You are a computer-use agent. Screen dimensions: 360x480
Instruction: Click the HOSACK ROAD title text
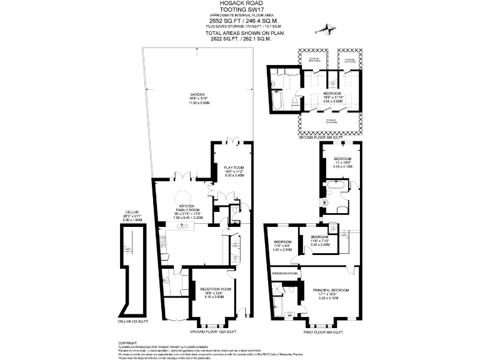coord(240,4)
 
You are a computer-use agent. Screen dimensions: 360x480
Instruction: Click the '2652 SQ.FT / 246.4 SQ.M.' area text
coord(240,21)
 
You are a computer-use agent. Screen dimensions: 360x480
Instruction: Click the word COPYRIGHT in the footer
coord(128,343)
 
